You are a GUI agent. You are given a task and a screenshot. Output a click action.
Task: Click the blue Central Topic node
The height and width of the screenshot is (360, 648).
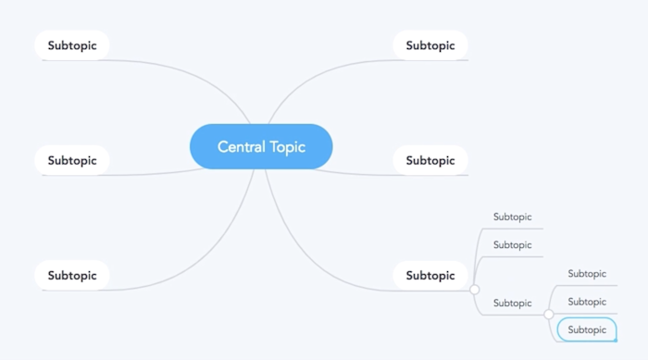[x=261, y=146]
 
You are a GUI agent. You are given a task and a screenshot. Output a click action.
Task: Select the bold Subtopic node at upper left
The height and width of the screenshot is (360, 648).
[x=72, y=45]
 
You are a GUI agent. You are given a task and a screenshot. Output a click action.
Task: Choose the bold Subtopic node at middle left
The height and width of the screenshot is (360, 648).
[x=72, y=160]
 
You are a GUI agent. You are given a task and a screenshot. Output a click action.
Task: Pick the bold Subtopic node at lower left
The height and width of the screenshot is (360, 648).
[x=72, y=275]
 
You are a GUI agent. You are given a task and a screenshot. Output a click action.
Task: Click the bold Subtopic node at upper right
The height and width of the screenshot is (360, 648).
[x=430, y=45]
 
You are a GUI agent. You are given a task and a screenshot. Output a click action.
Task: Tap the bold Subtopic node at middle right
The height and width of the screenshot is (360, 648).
[x=430, y=160]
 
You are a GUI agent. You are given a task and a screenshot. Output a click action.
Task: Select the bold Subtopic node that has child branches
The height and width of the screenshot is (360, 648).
[x=430, y=275]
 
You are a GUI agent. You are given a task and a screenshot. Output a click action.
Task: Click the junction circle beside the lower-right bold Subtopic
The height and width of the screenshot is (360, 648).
[x=475, y=290]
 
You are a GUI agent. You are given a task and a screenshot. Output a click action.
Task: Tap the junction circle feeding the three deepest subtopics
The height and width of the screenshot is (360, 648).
[x=549, y=315]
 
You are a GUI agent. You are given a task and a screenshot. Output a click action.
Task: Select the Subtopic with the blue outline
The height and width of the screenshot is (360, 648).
[x=587, y=329]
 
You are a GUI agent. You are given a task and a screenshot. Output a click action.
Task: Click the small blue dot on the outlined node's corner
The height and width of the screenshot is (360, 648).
[x=616, y=340]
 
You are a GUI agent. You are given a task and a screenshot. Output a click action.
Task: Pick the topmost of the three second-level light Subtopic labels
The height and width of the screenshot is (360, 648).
[x=512, y=217]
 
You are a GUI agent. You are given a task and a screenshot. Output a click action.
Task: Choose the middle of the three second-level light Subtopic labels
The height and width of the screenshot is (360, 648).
[x=512, y=244]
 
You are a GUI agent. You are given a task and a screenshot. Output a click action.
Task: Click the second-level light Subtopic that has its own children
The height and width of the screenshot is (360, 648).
[x=512, y=303]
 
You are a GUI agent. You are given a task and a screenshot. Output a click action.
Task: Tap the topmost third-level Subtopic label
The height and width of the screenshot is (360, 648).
[x=587, y=273]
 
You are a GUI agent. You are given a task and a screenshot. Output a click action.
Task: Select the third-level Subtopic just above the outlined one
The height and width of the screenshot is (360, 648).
[x=587, y=302]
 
